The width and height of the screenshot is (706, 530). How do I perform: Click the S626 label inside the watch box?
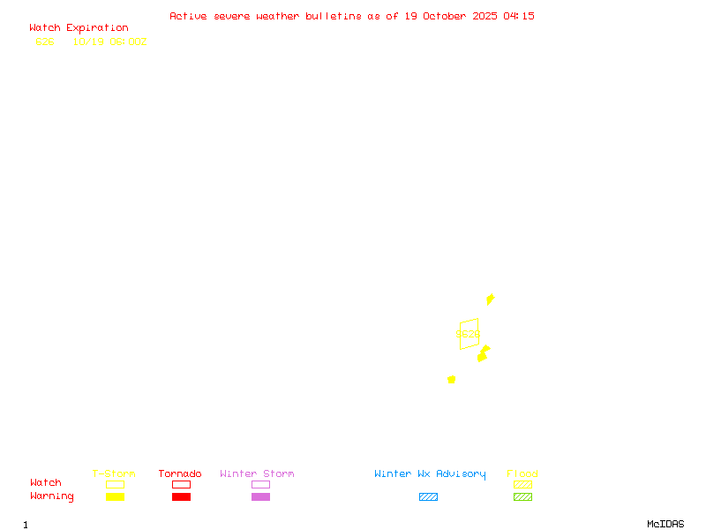coord(468,335)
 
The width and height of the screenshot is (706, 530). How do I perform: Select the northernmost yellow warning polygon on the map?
coord(490,299)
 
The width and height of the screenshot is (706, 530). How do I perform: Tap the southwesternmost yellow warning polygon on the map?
coord(452,379)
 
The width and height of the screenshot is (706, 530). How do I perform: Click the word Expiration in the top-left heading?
coord(97,28)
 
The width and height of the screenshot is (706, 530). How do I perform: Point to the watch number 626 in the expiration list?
coord(45,42)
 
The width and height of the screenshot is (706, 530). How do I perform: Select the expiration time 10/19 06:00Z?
coord(109,42)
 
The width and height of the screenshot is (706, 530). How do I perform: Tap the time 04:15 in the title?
coord(519,16)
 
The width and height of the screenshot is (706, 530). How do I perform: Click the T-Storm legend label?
coord(114,474)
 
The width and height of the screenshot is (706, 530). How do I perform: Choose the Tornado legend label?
coord(180,474)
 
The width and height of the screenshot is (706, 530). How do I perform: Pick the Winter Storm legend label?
coord(257,474)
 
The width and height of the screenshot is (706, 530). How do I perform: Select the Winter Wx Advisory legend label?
coord(430,474)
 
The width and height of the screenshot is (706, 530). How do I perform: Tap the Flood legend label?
coord(522,474)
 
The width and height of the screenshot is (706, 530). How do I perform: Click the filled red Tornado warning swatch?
coord(181,496)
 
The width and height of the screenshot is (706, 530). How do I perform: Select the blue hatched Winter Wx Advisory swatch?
coord(428,496)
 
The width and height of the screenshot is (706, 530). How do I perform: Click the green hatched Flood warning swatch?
coord(522,496)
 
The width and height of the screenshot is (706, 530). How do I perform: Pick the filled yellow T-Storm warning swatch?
coord(115,496)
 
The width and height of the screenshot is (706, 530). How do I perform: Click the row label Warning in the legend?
coord(52,496)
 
